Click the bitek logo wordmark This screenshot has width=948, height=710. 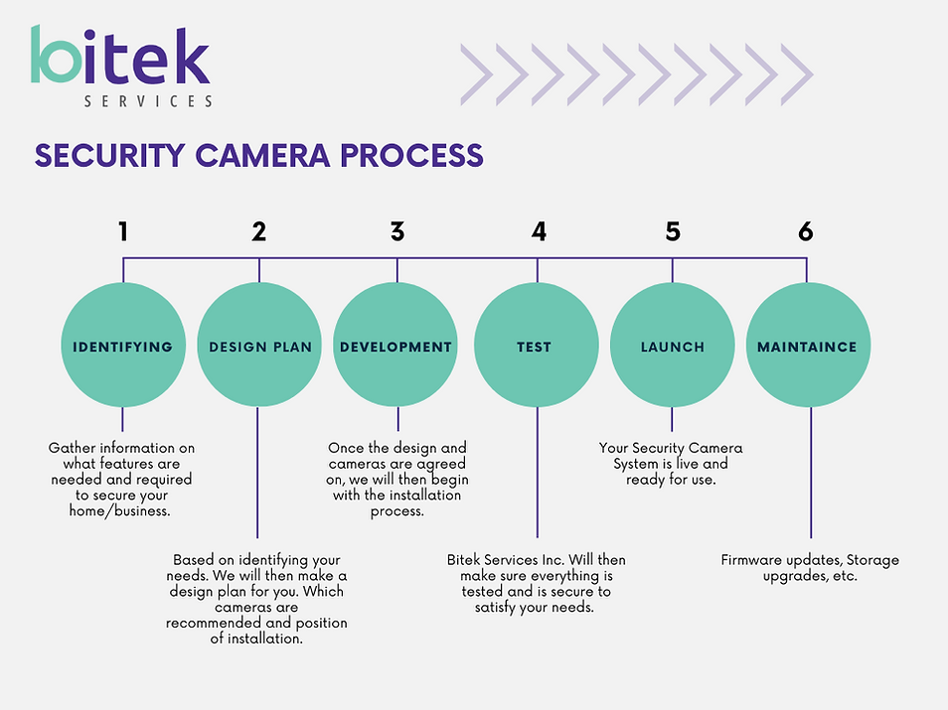click(119, 55)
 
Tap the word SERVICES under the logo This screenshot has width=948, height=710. click(148, 101)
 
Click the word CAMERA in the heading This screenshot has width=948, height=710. click(262, 155)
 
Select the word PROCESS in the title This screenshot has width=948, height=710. click(411, 155)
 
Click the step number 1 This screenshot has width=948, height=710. click(123, 231)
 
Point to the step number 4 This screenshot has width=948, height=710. click(539, 231)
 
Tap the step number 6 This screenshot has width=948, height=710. click(805, 231)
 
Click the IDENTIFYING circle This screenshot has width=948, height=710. click(123, 345)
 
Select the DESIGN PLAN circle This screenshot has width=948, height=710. click(259, 345)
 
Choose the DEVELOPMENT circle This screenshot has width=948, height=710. click(395, 345)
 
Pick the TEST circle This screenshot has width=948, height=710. click(537, 345)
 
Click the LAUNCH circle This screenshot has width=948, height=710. click(673, 345)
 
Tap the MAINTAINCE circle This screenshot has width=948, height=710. click(808, 345)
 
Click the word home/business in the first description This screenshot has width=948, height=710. click(119, 511)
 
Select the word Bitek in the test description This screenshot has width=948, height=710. click(464, 560)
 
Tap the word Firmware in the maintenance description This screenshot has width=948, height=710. click(751, 560)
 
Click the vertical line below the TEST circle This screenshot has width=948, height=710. click(537, 473)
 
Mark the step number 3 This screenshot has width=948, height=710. click(397, 231)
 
